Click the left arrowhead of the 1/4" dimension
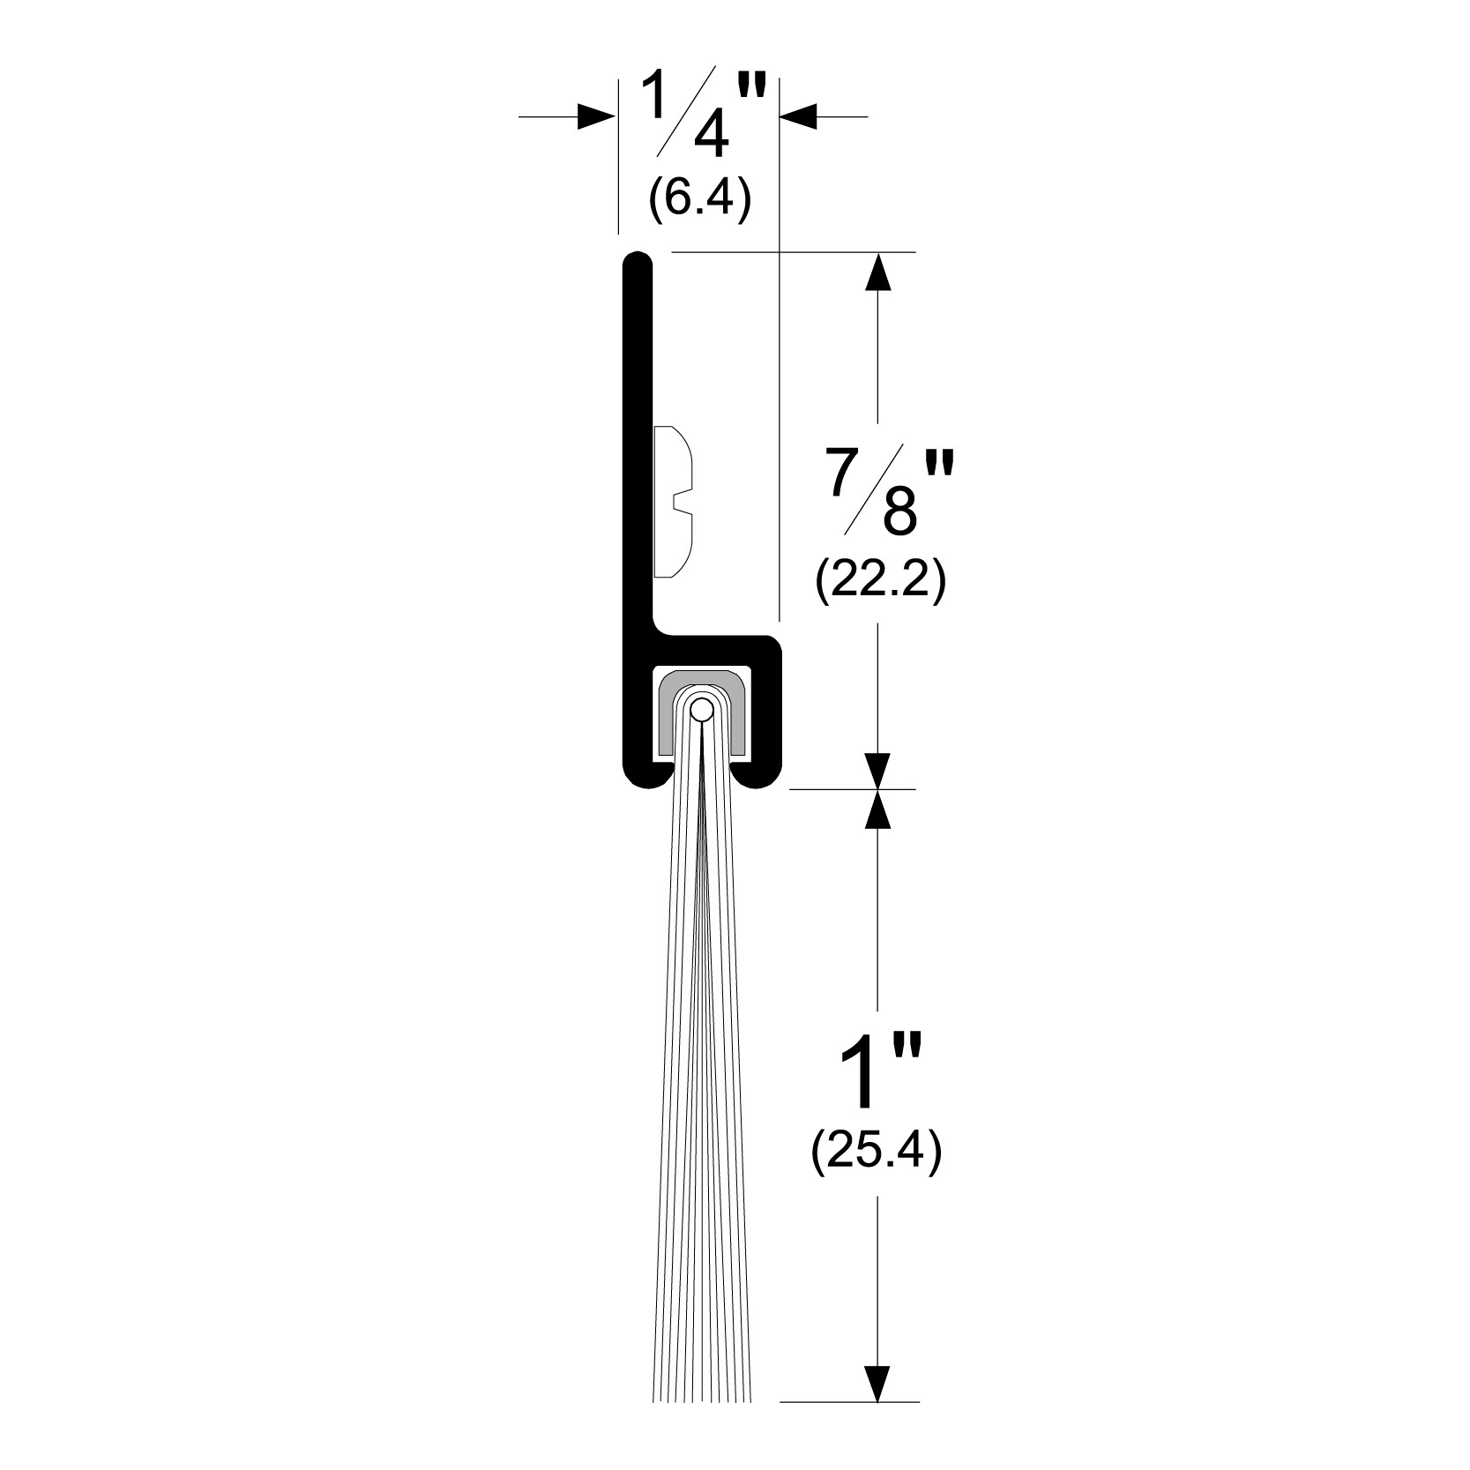pyautogui.click(x=595, y=116)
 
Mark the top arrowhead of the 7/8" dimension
pyautogui.click(x=877, y=272)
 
